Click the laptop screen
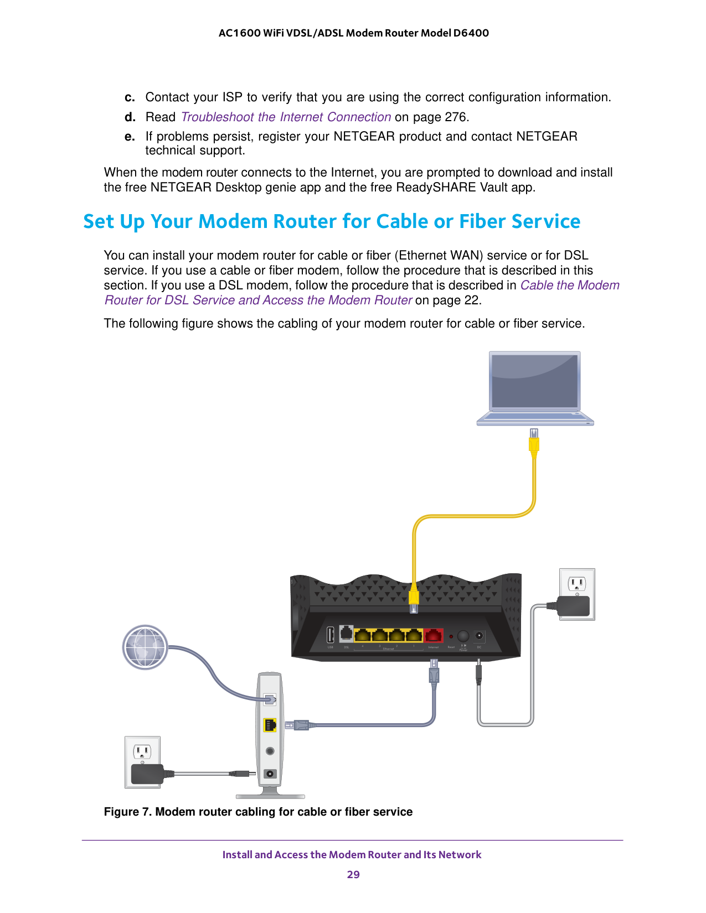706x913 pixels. [535, 381]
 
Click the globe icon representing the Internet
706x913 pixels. [145, 647]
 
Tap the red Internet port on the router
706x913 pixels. [434, 635]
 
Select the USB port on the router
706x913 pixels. [331, 635]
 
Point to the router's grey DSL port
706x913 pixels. [346, 634]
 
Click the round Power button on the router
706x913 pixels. [463, 636]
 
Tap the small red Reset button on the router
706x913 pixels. [451, 636]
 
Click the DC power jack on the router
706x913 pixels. [479, 636]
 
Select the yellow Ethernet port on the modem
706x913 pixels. [270, 724]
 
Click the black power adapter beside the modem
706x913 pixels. [146, 775]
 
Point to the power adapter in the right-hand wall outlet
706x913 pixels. [574, 606]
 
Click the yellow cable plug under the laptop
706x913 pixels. [534, 444]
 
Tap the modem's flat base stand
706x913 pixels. [270, 796]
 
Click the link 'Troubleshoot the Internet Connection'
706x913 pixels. [286, 117]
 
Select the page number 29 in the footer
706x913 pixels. [353, 874]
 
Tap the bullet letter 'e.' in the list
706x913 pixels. [130, 137]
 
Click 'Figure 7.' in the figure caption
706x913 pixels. [127, 812]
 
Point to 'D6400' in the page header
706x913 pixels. [471, 33]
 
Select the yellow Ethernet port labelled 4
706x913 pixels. [363, 635]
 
